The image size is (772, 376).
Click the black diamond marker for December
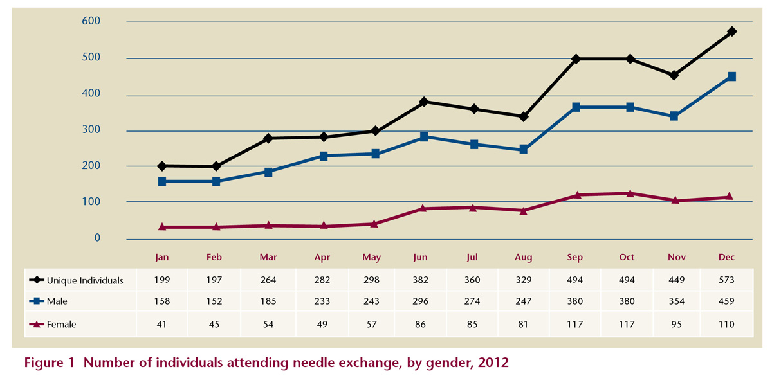tap(731, 31)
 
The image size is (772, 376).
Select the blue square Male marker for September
tap(576, 107)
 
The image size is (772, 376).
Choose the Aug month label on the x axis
tap(524, 257)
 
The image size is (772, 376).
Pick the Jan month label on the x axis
tap(162, 257)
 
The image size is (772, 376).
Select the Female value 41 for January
tap(162, 325)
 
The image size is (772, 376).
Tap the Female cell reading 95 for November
tap(676, 325)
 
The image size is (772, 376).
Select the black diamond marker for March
tap(268, 138)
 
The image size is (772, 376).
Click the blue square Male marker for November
tap(674, 116)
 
